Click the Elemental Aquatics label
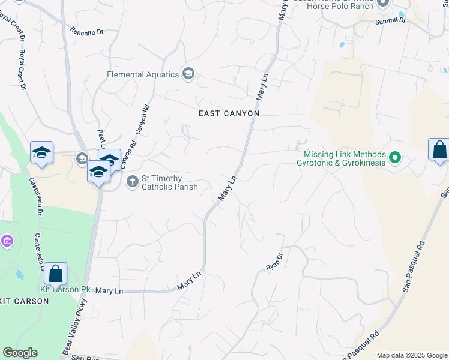[143, 74]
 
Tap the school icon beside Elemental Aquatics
[188, 74]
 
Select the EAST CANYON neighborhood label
[229, 113]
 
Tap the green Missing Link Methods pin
[394, 158]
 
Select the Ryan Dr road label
[274, 261]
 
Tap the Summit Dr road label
[390, 21]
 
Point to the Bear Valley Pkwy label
[74, 325]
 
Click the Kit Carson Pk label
[65, 289]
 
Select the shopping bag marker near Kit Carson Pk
[55, 274]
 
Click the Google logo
[20, 353]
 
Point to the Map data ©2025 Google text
[411, 355]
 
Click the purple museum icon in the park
[7, 241]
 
